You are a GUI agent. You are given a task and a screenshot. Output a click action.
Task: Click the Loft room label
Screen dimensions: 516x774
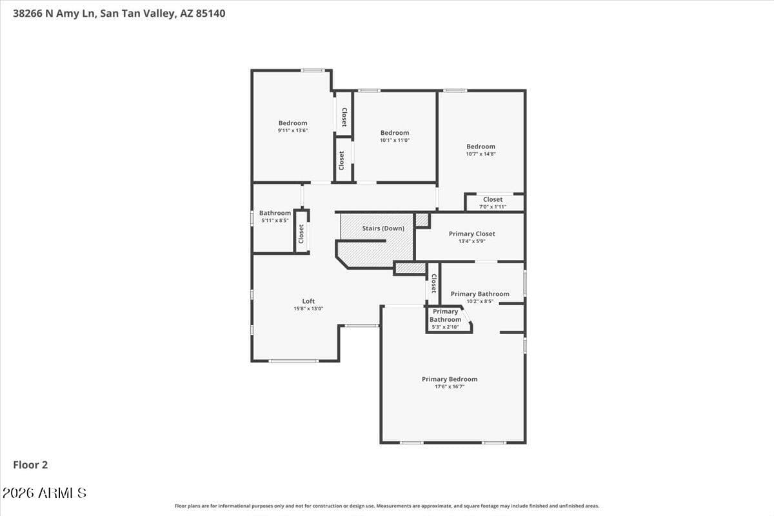click(x=308, y=301)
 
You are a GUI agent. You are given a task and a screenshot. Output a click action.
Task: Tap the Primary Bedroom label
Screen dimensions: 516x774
click(x=450, y=379)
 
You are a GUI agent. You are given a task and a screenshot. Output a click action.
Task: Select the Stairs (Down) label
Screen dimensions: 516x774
click(x=383, y=228)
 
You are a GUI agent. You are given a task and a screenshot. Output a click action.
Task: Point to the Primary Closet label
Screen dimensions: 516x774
click(x=471, y=234)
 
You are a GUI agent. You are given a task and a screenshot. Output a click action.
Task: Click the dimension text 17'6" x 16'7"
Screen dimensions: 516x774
click(x=450, y=387)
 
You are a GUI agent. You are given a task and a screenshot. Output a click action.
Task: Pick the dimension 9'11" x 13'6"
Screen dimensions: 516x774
click(x=293, y=130)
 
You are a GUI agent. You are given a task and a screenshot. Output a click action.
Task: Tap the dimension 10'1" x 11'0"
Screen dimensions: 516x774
click(x=395, y=140)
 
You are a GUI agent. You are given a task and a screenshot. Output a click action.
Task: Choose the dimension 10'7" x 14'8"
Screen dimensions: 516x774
click(x=481, y=154)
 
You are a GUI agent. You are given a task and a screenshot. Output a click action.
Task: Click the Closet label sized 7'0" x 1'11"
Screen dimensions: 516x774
click(x=493, y=199)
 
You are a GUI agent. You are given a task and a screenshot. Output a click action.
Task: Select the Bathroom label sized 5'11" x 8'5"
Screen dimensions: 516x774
click(x=275, y=213)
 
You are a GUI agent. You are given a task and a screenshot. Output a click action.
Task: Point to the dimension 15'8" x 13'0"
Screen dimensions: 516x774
click(x=308, y=309)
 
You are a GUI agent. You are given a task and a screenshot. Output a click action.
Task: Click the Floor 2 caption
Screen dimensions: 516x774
click(x=30, y=464)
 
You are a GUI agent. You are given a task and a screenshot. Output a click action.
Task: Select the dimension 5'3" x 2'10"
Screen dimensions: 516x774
click(x=445, y=327)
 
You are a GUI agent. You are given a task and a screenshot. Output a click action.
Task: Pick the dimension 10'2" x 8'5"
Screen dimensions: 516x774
click(x=480, y=301)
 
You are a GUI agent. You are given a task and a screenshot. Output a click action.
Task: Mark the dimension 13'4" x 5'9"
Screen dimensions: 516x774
click(x=471, y=241)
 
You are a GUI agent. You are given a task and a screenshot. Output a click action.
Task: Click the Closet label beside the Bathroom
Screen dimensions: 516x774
click(x=301, y=233)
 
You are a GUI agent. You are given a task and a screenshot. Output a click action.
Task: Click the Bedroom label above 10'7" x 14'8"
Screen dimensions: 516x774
click(x=481, y=146)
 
